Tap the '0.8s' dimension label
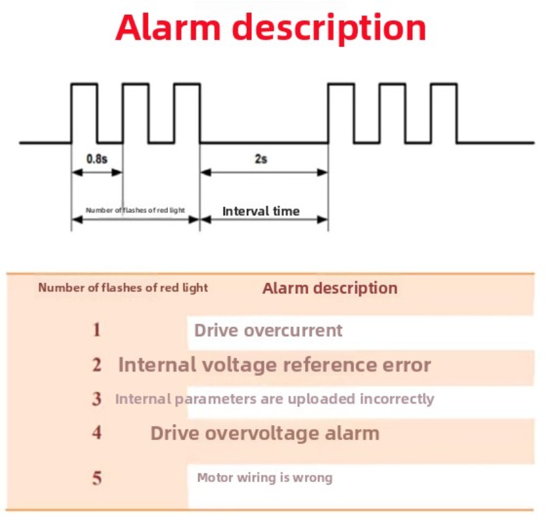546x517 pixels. [x=97, y=158]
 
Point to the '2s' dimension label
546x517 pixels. [x=260, y=158]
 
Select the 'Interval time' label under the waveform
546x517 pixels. [x=261, y=211]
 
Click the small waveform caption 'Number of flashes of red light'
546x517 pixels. [x=135, y=211]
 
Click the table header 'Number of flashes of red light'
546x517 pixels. [x=123, y=288]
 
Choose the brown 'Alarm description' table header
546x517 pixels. [x=330, y=288]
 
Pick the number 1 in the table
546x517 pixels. [x=96, y=330]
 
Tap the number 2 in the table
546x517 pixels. [x=96, y=365]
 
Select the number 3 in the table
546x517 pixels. [x=96, y=399]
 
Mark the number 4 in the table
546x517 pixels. [x=96, y=432]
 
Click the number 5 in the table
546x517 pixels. [x=96, y=479]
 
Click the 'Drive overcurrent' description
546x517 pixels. [x=268, y=331]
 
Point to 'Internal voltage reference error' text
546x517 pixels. [x=274, y=365]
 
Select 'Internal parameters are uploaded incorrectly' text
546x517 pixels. [x=274, y=399]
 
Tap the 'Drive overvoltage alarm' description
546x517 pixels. [x=265, y=432]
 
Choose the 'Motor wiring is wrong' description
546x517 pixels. [x=264, y=478]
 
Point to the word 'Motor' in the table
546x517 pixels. [x=214, y=478]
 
